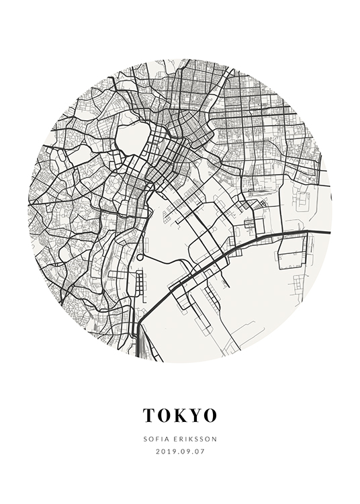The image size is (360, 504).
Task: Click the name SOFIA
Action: [154, 439]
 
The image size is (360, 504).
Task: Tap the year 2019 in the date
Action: [164, 452]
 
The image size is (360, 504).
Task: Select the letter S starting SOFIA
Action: [144, 439]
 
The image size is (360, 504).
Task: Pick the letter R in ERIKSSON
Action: [178, 439]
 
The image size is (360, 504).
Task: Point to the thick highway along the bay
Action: [269, 236]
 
